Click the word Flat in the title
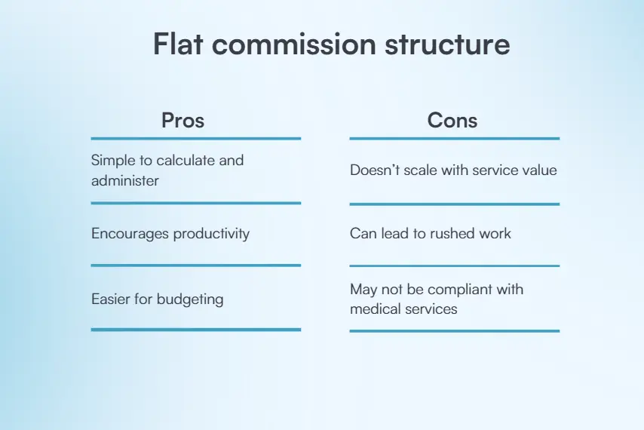tap(178, 44)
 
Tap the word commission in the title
tap(293, 44)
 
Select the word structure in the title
tap(447, 44)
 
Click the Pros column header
tap(182, 121)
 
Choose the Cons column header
tap(452, 121)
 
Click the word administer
tap(125, 181)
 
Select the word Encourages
tap(130, 234)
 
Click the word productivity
tap(211, 234)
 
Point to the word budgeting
tap(190, 299)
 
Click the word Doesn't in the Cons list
tap(375, 170)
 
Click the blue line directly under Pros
tap(196, 139)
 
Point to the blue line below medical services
tap(455, 331)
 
